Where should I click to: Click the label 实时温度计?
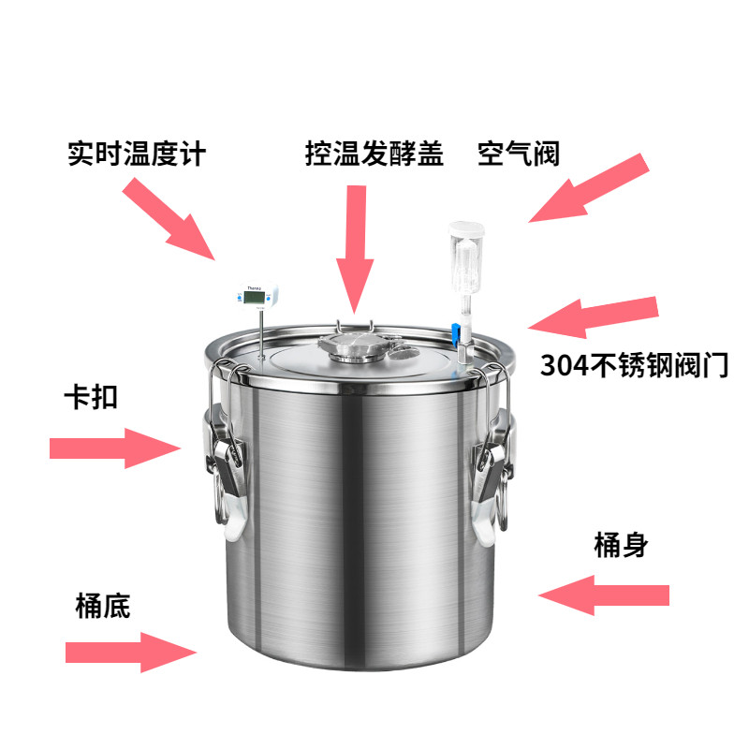[137, 154]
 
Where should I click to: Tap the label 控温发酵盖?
[374, 154]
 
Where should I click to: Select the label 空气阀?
[519, 154]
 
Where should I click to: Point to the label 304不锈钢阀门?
[634, 365]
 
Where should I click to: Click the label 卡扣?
[91, 397]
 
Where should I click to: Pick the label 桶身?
[621, 545]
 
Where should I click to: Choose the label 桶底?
[103, 606]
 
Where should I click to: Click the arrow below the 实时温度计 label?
[169, 219]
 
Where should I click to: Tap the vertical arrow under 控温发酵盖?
[355, 249]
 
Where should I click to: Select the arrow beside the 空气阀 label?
[589, 188]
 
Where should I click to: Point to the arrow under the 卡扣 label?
[115, 448]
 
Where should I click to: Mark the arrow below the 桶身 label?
[604, 595]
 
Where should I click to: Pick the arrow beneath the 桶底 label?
[131, 652]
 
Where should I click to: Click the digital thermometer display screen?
[254, 297]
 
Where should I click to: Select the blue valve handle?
[456, 333]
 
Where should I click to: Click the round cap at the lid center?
[354, 346]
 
